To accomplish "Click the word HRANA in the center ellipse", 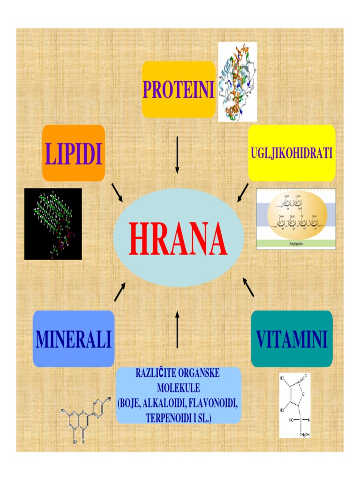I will [178, 239].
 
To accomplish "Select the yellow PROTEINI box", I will [179, 90].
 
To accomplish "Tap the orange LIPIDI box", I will [74, 153].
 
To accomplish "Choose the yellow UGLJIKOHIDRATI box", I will [292, 153].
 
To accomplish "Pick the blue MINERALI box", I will [74, 339].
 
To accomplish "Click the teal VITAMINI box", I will [292, 339].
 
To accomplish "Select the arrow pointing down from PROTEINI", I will [177, 155].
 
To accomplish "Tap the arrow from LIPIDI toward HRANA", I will [117, 192].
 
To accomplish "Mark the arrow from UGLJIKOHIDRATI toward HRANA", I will [243, 192].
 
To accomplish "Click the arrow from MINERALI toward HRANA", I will [120, 292].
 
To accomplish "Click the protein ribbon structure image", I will [238, 82].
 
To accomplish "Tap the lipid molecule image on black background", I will [53, 224].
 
